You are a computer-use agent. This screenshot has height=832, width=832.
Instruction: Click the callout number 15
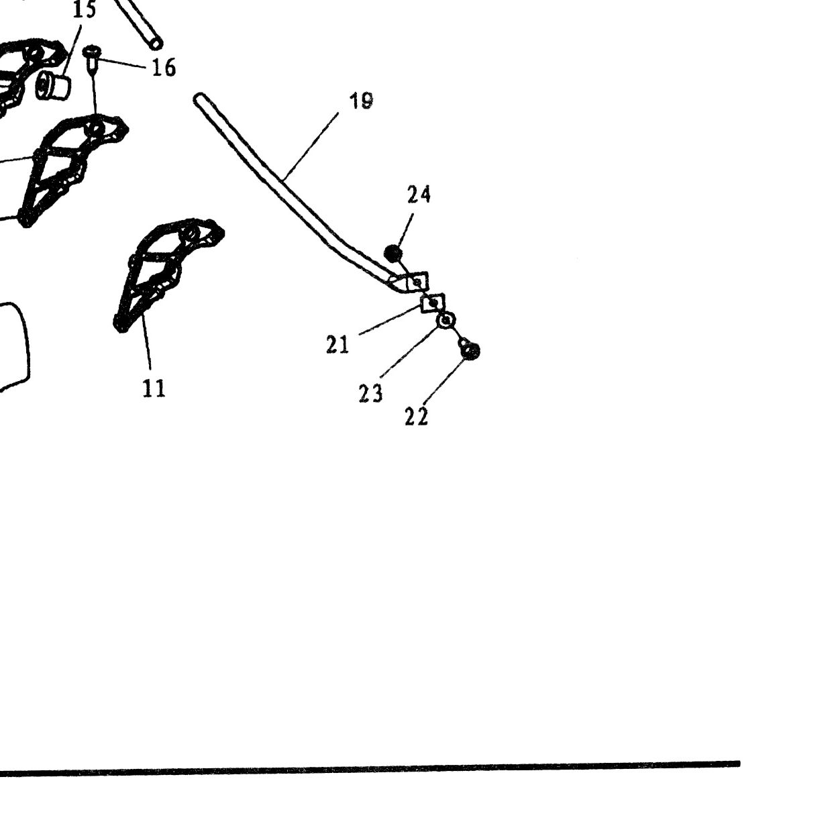pos(84,9)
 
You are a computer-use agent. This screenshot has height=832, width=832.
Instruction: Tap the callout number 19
pos(361,101)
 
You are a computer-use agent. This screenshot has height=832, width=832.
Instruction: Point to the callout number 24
pos(419,195)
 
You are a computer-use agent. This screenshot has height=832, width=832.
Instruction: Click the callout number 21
pos(337,345)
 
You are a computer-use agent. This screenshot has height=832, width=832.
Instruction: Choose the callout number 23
pos(371,393)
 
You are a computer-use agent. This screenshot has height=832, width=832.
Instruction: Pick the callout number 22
pos(417,417)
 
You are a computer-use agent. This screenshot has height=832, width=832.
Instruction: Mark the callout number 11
pos(154,388)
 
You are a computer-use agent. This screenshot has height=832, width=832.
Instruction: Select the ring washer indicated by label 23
pos(446,321)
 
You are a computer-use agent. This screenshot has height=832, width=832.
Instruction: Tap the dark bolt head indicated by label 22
pos(470,351)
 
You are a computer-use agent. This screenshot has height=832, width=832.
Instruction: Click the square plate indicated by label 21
pos(433,303)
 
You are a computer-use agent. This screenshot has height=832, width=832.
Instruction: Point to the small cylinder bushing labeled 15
pos(53,86)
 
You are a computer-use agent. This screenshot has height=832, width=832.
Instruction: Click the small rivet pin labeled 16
pos(91,59)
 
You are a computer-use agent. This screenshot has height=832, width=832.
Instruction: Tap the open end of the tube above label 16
pos(156,44)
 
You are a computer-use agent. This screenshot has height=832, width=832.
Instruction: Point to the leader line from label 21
pos(388,320)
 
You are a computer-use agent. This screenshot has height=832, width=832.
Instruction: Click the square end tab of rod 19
pos(417,282)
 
